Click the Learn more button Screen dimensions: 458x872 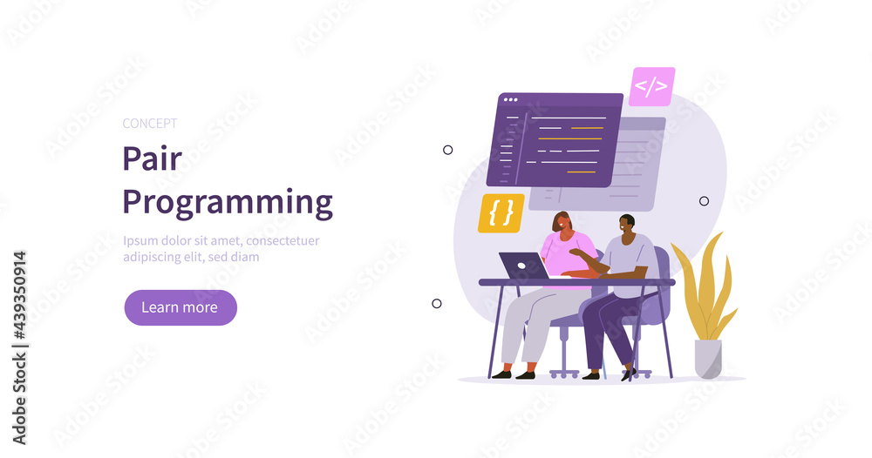pos(180,307)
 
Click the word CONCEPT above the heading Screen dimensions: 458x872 pos(150,124)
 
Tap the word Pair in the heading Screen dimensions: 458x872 pos(152,158)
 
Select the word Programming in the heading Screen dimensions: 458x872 pos(227,203)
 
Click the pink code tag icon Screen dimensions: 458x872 pos(651,86)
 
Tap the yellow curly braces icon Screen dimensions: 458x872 pos(501,213)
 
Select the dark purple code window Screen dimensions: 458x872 pos(558,139)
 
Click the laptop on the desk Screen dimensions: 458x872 pos(523,266)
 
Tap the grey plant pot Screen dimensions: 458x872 pos(707,358)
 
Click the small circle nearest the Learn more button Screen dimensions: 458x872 pos(437,304)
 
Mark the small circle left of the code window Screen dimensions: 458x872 pos(448,150)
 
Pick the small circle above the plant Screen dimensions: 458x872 pos(704,201)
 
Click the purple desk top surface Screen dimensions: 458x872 pos(576,282)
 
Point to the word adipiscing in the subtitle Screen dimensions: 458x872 pos(152,257)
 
